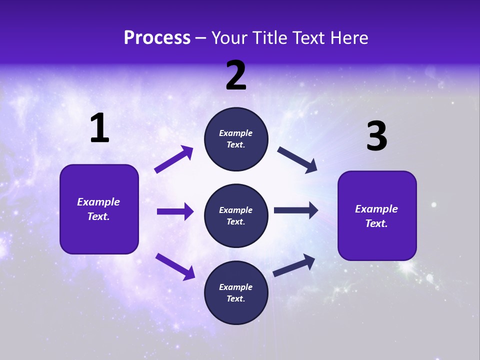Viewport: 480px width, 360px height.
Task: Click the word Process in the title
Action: tap(157, 38)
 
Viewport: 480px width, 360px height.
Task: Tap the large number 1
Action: tap(99, 128)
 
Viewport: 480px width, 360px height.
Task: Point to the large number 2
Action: tap(236, 76)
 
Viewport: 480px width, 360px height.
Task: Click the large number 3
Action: tap(376, 136)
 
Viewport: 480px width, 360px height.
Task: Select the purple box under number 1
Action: tap(99, 209)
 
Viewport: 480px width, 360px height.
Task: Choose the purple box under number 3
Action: tap(377, 215)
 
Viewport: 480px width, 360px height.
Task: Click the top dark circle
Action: tap(236, 139)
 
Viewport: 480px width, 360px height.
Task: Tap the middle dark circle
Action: tap(236, 215)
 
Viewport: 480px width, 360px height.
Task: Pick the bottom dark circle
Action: tap(236, 292)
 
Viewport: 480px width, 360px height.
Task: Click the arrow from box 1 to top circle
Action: tap(174, 159)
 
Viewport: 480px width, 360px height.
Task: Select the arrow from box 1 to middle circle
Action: tap(175, 211)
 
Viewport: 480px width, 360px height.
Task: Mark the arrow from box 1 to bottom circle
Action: tap(175, 266)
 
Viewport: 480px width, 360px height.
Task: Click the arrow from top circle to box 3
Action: tap(297, 159)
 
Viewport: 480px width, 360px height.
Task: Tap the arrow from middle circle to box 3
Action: tap(296, 210)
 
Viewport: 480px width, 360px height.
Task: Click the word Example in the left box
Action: tap(98, 202)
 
